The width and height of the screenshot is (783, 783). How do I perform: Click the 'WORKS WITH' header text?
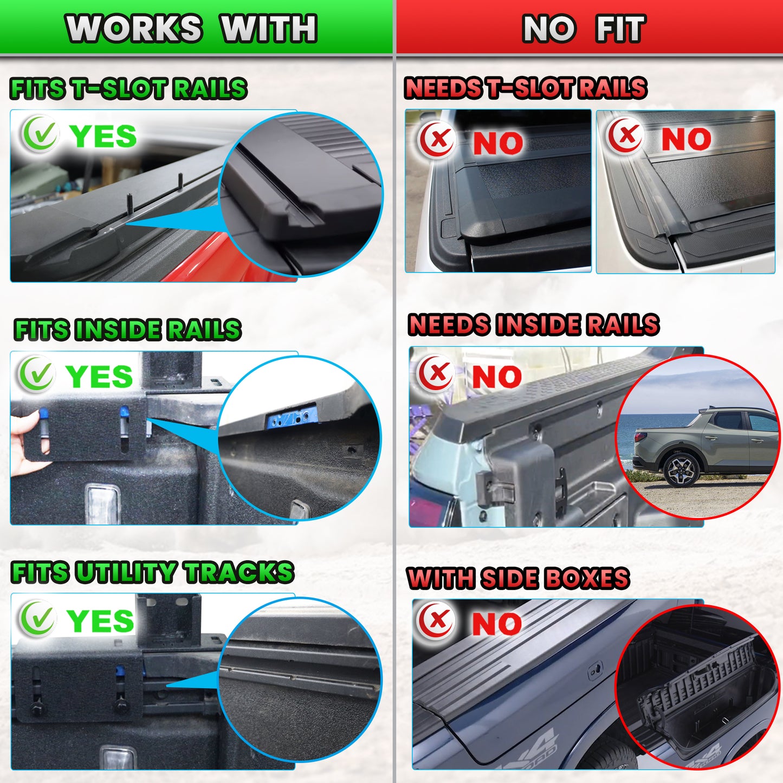[x=191, y=28]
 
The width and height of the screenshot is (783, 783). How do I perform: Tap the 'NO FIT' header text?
[x=584, y=28]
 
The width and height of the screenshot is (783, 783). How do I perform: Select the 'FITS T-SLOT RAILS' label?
[x=128, y=88]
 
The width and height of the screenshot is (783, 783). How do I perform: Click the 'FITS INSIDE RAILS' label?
[x=127, y=329]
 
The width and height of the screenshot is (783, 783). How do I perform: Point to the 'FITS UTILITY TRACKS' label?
[x=152, y=572]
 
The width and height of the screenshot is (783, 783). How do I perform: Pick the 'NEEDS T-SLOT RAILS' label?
[x=526, y=88]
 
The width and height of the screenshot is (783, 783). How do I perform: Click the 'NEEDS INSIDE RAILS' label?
[x=533, y=324]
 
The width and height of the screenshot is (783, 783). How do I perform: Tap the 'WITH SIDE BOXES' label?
[x=518, y=578]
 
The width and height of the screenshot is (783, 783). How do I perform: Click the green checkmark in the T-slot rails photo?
[x=40, y=134]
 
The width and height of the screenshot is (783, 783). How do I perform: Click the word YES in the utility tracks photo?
[x=100, y=621]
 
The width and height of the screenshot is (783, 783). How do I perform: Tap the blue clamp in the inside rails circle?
[x=292, y=415]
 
